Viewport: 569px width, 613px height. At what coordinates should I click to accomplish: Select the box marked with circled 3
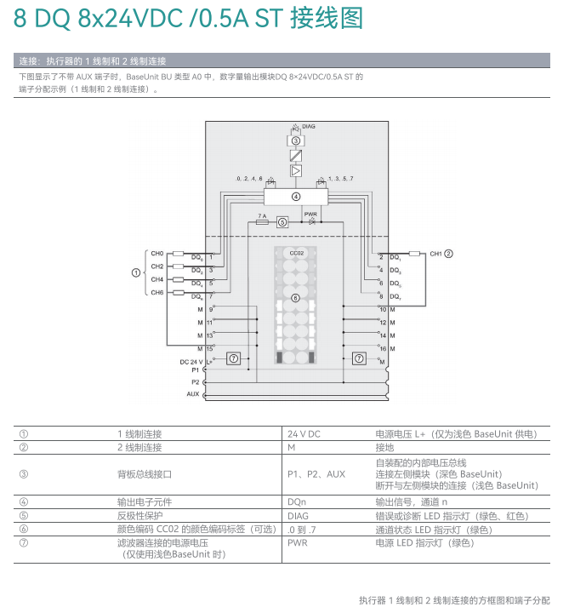coord(296,141)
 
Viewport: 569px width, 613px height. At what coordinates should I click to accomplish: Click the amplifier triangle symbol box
coord(296,171)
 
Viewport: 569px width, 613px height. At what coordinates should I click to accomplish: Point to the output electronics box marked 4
coord(296,197)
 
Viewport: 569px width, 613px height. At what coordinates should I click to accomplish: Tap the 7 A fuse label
coord(262,216)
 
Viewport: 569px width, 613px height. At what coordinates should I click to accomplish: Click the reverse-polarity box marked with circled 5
coord(282,222)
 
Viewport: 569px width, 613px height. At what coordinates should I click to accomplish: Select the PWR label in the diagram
coord(310,214)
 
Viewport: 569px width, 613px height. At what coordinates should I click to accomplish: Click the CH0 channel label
coord(157,253)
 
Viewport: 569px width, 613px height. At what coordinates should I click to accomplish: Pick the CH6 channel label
coord(157,292)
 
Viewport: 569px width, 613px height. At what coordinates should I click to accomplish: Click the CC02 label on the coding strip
coord(296,254)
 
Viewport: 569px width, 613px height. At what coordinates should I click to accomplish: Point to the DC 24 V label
coord(190,362)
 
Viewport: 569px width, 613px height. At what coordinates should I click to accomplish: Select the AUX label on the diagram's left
coord(193,394)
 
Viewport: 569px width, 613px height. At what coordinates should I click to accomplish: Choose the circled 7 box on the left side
coord(234,358)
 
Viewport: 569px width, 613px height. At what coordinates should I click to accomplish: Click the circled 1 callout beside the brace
coord(135,272)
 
